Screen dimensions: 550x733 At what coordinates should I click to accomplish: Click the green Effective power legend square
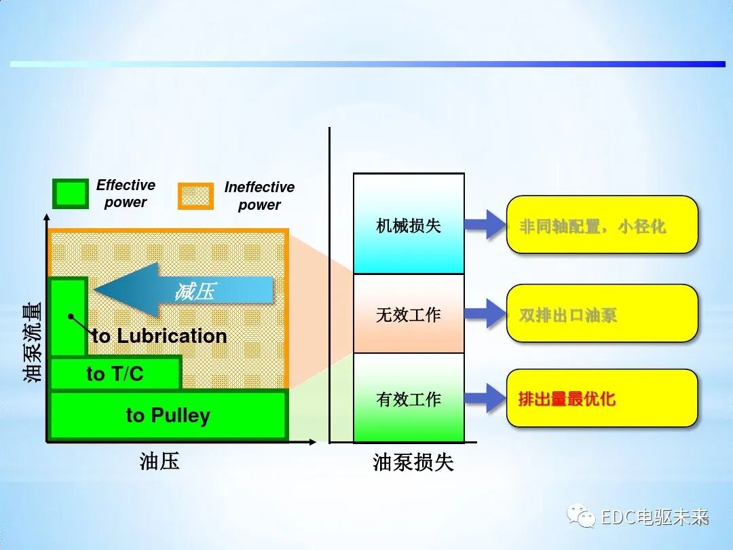[x=71, y=194]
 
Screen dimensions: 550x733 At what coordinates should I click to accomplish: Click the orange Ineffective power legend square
[x=195, y=196]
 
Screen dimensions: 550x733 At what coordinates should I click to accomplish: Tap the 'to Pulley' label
[x=168, y=415]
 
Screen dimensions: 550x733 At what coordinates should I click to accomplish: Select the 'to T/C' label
[x=115, y=373]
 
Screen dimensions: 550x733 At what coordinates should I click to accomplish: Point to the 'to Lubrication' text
[x=159, y=335]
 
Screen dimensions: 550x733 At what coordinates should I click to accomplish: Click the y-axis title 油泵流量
[x=33, y=342]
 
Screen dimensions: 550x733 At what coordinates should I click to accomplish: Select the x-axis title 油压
[x=159, y=462]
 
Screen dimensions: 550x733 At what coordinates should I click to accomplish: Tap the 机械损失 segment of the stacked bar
[x=409, y=225]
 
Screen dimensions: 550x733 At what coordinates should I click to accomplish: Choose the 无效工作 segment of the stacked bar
[x=409, y=314]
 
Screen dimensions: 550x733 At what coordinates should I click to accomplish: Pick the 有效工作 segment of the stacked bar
[x=409, y=399]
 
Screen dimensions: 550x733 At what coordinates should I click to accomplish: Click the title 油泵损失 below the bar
[x=413, y=462]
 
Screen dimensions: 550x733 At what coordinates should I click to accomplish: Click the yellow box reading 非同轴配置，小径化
[x=602, y=225]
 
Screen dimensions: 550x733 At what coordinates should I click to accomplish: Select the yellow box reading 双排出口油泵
[x=602, y=314]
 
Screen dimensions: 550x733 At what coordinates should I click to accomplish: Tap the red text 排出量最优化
[x=567, y=399]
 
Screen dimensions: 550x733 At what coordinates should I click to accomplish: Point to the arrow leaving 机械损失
[x=486, y=225]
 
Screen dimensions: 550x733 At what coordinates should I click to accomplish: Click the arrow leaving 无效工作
[x=486, y=314]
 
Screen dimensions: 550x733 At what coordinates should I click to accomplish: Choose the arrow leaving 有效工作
[x=486, y=399]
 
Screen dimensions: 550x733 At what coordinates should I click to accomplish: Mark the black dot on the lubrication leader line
[x=70, y=316]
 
